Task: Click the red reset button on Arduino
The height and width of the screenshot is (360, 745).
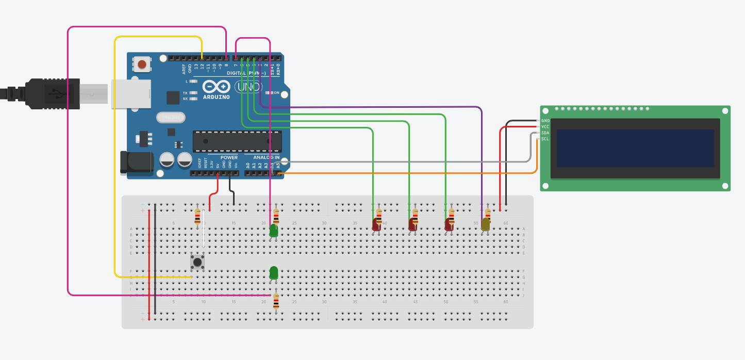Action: pyautogui.click(x=142, y=64)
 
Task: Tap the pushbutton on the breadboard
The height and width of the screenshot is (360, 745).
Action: pyautogui.click(x=197, y=262)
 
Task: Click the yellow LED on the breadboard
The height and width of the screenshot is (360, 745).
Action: pyautogui.click(x=486, y=224)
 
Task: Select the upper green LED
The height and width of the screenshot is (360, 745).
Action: pyautogui.click(x=274, y=231)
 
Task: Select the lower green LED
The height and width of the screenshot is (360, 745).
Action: pyautogui.click(x=274, y=272)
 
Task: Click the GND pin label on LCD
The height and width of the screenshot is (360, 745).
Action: pyautogui.click(x=545, y=121)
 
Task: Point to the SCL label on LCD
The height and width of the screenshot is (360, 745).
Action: pyautogui.click(x=545, y=139)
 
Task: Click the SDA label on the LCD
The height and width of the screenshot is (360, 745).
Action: pyautogui.click(x=545, y=133)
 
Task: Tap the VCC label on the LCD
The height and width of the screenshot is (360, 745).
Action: pyautogui.click(x=545, y=127)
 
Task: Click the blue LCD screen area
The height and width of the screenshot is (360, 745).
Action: pyautogui.click(x=635, y=148)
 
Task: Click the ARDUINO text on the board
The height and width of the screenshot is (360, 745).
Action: pyautogui.click(x=217, y=96)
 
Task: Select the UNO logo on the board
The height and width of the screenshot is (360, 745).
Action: pyautogui.click(x=250, y=87)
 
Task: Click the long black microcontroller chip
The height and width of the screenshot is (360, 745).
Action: pyautogui.click(x=237, y=141)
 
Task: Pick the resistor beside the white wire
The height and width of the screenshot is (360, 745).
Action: pyautogui.click(x=197, y=217)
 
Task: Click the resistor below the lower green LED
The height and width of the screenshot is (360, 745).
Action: pyautogui.click(x=276, y=301)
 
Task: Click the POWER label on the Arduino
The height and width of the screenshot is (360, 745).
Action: pyautogui.click(x=229, y=157)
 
